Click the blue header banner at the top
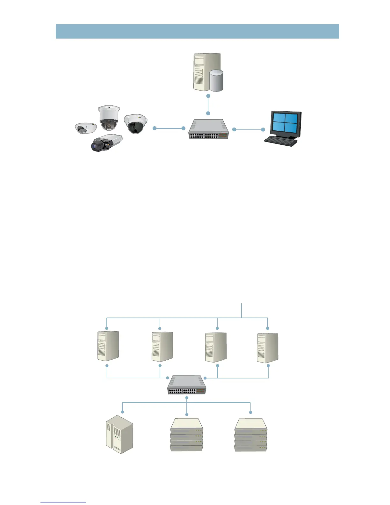point(197,31)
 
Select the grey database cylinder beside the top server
point(216,81)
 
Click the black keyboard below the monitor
point(281,141)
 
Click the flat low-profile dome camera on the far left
point(85,128)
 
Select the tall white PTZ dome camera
point(109,118)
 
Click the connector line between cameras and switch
point(169,128)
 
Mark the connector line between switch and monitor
point(249,129)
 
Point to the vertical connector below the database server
point(208,105)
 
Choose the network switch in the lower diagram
point(187,385)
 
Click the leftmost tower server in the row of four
point(108,346)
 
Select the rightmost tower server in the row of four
point(268,348)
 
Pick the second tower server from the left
point(162,347)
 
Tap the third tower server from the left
point(216,347)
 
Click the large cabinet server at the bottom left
point(119,434)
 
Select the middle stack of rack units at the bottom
point(187,435)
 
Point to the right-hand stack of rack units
point(250,435)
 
